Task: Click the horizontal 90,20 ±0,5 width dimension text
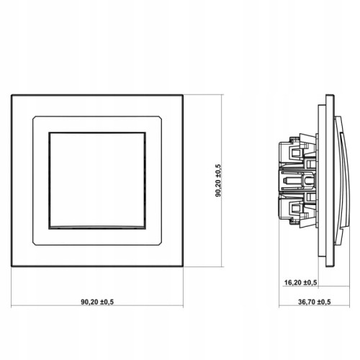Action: [x=97, y=302]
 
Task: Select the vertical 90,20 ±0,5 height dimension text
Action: [x=218, y=181]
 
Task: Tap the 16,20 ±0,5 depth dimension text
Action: [x=300, y=282]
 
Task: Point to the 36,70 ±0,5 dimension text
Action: [x=315, y=302]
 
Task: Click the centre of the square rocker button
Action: [x=97, y=181]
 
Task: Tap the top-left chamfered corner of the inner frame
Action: [x=34, y=117]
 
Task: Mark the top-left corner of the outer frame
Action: [x=12, y=95]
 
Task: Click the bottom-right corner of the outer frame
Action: [x=183, y=266]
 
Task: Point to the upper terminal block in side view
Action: [x=297, y=151]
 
